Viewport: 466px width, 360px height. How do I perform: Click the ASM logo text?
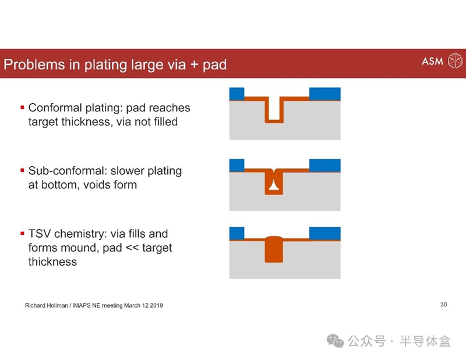432,61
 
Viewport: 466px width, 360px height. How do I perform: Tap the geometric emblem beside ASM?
455,61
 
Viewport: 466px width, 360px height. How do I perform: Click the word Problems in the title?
34,65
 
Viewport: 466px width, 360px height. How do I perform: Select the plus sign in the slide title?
194,65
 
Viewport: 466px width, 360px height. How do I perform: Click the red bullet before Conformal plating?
22,107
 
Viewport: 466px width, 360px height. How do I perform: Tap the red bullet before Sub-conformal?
22,170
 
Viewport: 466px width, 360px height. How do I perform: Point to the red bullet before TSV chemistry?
22,234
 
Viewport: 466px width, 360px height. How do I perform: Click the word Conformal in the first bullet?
55,108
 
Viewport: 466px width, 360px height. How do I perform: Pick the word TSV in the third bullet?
40,234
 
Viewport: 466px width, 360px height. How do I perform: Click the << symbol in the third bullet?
132,248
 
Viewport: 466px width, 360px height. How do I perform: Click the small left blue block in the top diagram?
237,94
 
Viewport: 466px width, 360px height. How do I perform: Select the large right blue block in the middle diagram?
325,165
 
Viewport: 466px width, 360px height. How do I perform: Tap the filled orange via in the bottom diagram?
274,249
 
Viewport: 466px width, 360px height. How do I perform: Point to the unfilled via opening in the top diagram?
274,108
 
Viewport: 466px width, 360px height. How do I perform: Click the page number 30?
444,305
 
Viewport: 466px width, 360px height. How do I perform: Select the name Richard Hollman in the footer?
47,305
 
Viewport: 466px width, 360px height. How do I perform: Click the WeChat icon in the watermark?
336,341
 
